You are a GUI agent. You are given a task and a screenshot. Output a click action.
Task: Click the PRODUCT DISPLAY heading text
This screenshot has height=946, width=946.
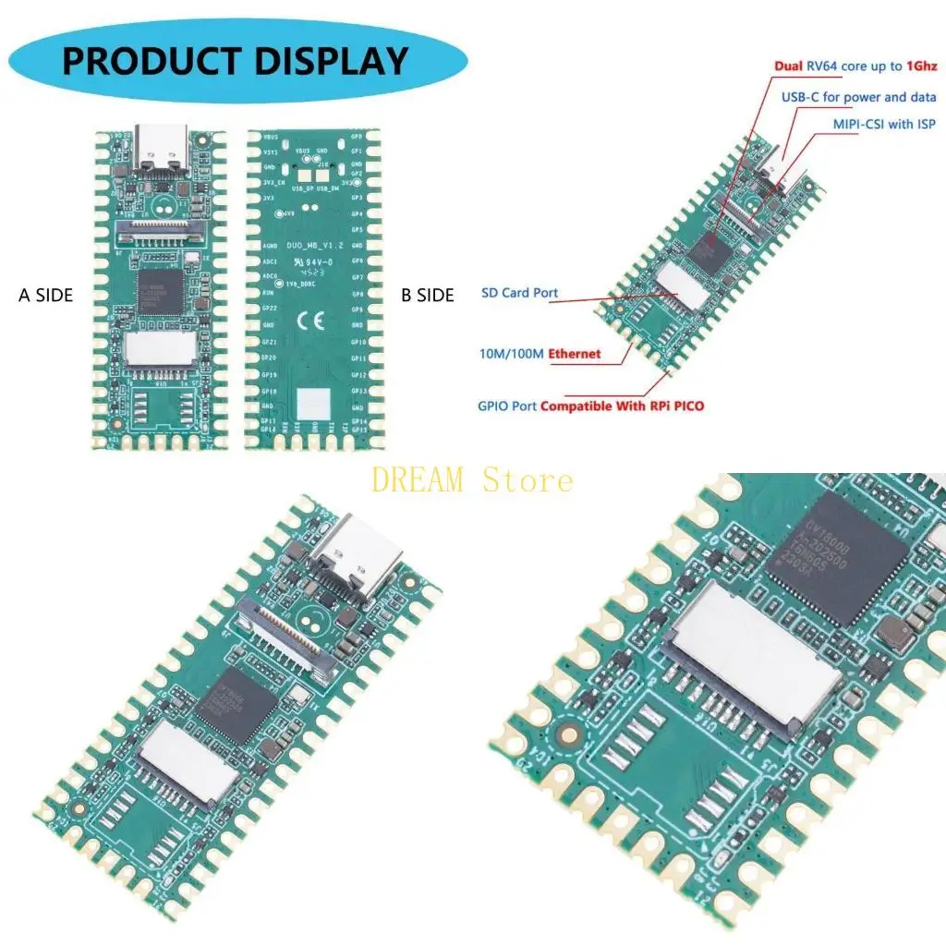tap(235, 61)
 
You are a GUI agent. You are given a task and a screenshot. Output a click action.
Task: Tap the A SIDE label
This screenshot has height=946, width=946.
tap(45, 296)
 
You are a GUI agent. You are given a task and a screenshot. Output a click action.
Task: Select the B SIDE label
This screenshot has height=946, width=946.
tap(428, 296)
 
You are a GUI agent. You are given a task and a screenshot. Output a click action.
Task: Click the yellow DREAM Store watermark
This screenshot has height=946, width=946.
tap(472, 480)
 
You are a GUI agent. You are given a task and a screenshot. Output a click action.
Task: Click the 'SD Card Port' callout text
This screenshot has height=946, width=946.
tap(519, 293)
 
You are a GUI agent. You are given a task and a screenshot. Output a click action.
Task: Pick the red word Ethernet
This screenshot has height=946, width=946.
tap(574, 354)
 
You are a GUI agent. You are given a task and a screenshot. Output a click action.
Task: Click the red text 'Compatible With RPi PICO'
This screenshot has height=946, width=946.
tap(622, 406)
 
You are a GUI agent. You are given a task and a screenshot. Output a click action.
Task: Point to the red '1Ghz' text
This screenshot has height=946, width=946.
tap(922, 67)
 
